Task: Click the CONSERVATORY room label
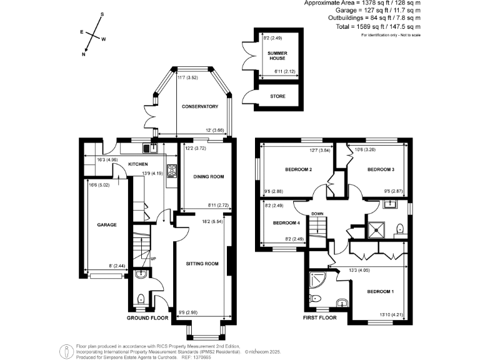click(x=199, y=107)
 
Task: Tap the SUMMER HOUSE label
click(x=277, y=56)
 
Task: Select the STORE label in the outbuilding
click(x=277, y=96)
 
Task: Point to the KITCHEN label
click(x=137, y=164)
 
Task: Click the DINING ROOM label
click(x=208, y=177)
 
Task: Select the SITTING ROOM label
click(x=202, y=264)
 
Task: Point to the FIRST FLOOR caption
click(x=319, y=317)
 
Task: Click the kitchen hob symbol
click(x=171, y=171)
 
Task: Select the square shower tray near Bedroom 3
click(x=376, y=229)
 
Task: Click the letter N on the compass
click(x=84, y=54)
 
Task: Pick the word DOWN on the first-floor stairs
click(x=317, y=213)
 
